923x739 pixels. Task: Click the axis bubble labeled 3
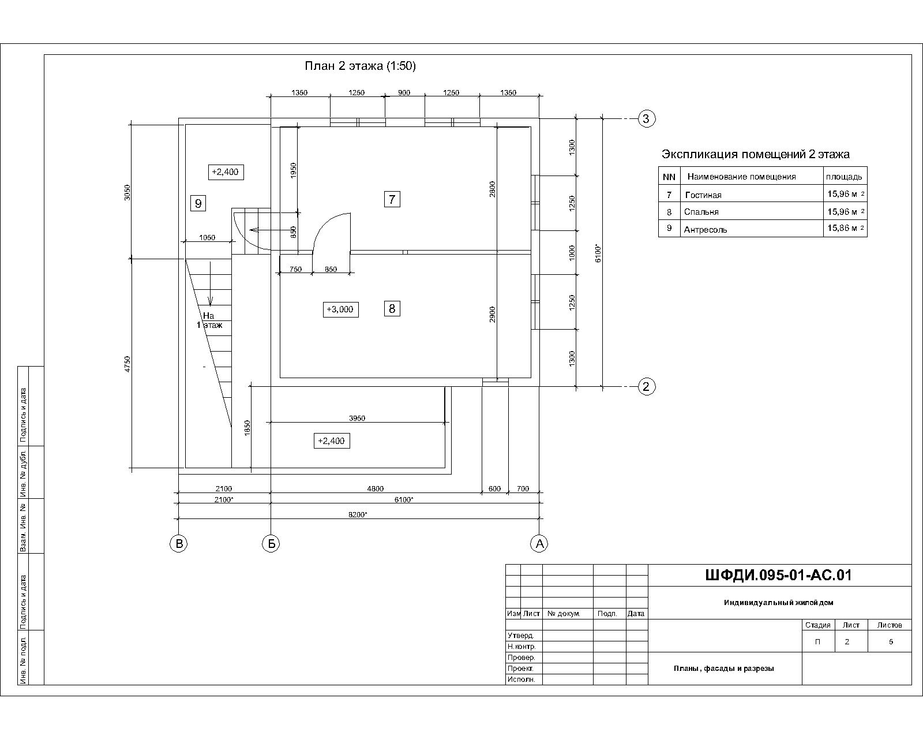646,118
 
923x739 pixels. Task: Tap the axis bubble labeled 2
646,387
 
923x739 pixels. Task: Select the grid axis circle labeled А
539,544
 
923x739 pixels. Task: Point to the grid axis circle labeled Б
271,544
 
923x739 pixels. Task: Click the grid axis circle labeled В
179,544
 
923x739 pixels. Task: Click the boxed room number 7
392,199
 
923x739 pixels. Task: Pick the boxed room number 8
392,308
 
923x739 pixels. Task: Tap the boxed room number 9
198,203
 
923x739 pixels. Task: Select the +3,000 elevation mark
340,309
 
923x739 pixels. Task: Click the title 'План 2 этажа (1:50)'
361,66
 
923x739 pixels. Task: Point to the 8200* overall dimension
358,515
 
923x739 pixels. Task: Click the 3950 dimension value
357,418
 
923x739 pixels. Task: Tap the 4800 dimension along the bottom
376,488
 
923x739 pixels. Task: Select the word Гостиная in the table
703,195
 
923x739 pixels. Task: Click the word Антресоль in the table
706,230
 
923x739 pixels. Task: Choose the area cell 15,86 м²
846,228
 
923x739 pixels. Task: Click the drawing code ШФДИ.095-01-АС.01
778,576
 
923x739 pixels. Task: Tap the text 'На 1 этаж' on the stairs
209,321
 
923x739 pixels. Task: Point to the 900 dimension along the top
404,93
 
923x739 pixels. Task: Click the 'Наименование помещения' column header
742,177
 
